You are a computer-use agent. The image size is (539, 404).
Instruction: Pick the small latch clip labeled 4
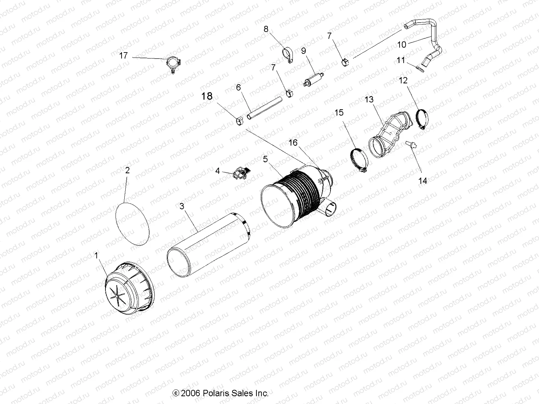[242, 173]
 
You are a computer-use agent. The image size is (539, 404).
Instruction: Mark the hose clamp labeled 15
[358, 160]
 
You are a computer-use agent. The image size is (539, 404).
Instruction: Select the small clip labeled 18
[240, 120]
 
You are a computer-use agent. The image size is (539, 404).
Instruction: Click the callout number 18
[207, 96]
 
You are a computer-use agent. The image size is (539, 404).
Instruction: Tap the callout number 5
[265, 159]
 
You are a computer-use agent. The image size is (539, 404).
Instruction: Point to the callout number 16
[293, 142]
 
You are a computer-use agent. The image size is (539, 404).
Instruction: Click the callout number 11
[401, 60]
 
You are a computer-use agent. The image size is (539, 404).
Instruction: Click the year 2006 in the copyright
[191, 393]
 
